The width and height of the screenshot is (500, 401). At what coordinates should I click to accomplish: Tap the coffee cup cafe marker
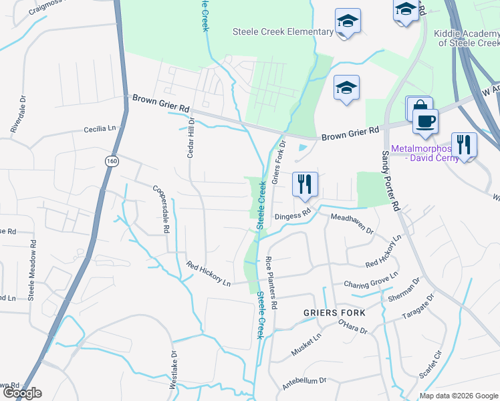tap(424, 121)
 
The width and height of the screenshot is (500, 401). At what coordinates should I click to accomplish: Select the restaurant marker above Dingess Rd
tap(304, 184)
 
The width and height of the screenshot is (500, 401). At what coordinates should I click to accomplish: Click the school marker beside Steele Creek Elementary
tap(348, 21)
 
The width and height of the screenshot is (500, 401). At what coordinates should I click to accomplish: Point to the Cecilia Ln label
tap(100, 128)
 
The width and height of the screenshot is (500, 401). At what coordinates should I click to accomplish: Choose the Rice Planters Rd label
tap(271, 282)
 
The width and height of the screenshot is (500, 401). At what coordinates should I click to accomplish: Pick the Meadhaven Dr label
tap(352, 223)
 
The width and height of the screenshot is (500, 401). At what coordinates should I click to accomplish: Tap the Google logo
tap(22, 393)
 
